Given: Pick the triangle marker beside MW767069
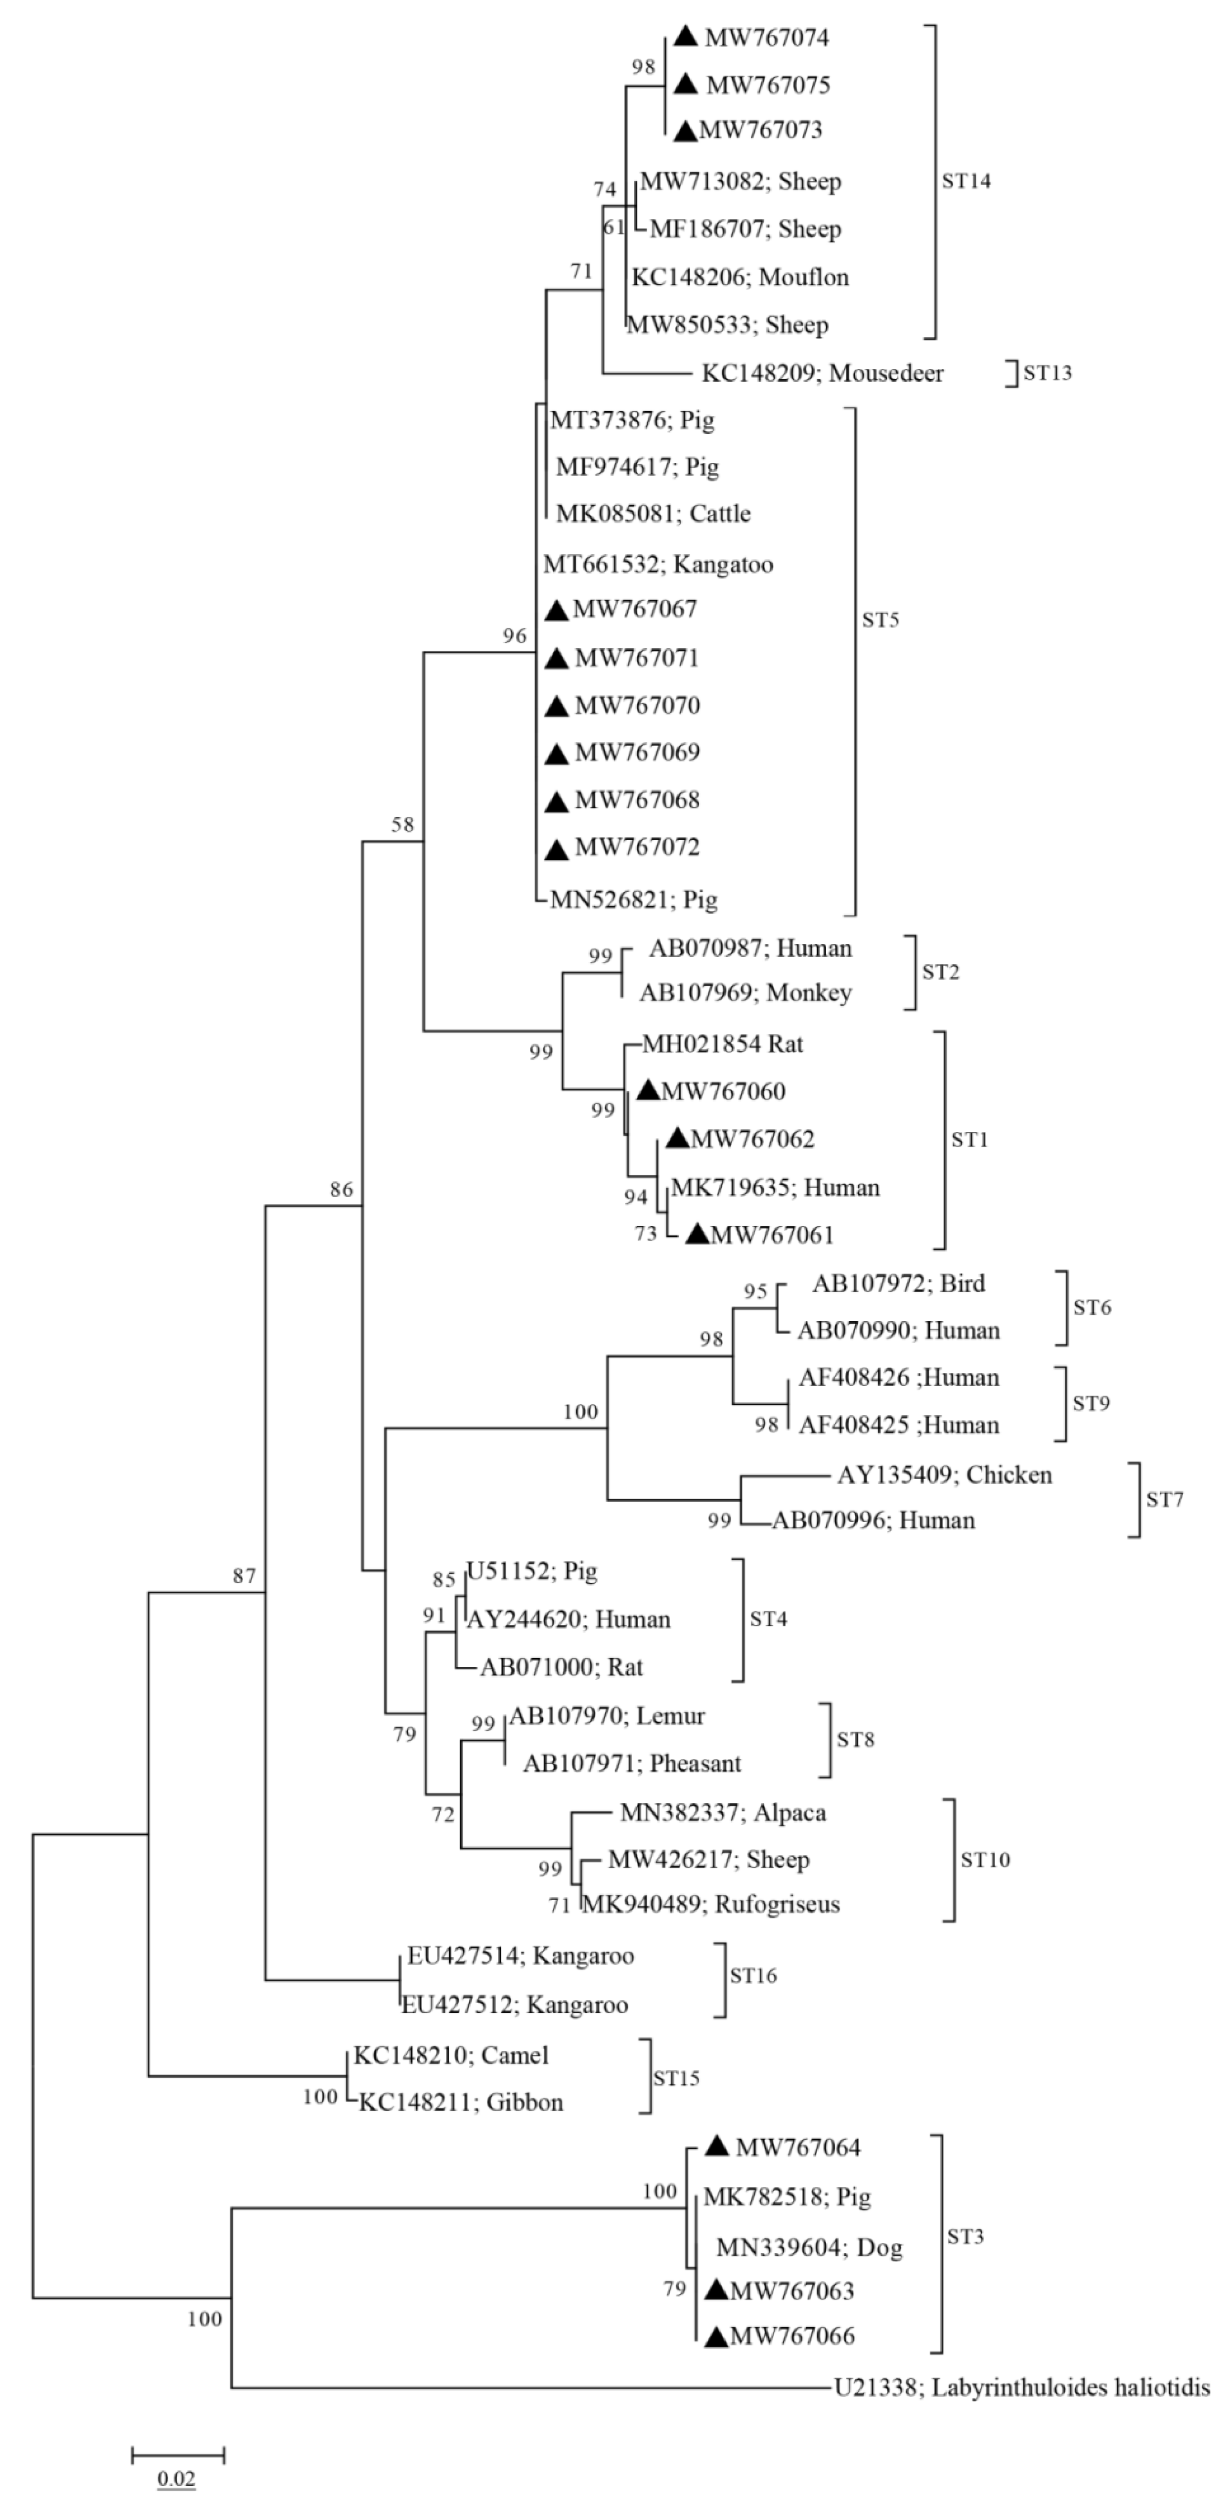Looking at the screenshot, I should [x=556, y=753].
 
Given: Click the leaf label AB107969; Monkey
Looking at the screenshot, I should [x=745, y=993].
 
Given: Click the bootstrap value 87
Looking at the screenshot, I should [x=244, y=1575].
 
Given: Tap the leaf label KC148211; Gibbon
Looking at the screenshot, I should [x=461, y=2102].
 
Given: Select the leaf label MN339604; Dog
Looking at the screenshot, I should [x=809, y=2247].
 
